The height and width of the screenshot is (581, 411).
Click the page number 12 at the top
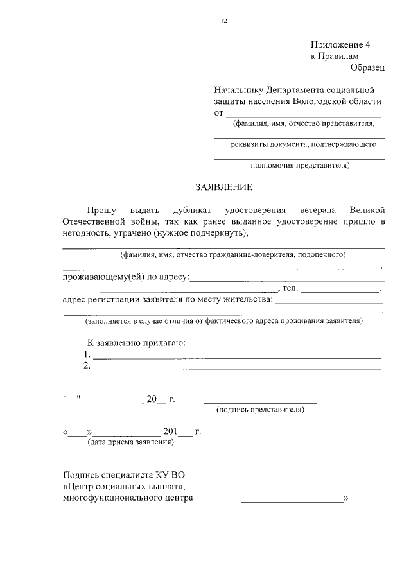click(x=223, y=21)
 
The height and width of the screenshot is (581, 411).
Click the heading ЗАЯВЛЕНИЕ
click(x=224, y=187)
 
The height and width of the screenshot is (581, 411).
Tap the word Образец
click(x=367, y=67)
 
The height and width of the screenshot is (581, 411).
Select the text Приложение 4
click(x=341, y=45)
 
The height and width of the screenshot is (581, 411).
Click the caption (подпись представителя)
click(x=260, y=408)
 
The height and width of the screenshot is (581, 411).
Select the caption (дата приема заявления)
click(x=130, y=442)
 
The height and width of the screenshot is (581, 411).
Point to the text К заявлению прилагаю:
click(x=136, y=342)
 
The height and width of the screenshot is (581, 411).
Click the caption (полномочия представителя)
click(x=300, y=164)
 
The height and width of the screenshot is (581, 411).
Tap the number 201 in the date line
click(x=171, y=431)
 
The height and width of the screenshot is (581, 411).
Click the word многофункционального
click(x=128, y=498)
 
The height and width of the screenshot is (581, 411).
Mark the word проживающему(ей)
click(x=106, y=277)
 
